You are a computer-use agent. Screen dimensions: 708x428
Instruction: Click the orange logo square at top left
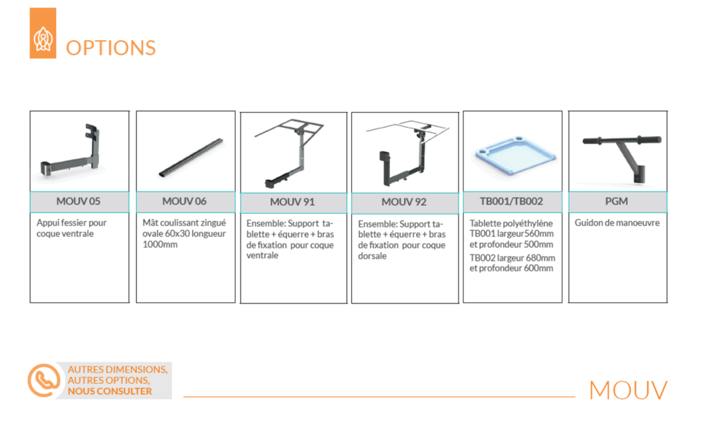pos(43,33)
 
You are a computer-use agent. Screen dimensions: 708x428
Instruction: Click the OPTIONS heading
pos(111,48)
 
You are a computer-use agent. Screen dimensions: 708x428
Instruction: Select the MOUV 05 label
pos(78,201)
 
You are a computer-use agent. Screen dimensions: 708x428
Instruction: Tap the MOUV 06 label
pos(184,201)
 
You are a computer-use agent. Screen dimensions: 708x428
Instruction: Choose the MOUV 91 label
pos(292,202)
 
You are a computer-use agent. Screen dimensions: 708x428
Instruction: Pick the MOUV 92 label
pos(404,202)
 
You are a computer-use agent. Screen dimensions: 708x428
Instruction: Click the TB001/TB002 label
pos(511,201)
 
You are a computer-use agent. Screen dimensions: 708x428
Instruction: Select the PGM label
pos(616,201)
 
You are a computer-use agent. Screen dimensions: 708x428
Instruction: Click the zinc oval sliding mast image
pos(191,158)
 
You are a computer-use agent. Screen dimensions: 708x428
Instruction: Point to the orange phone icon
pos(44,380)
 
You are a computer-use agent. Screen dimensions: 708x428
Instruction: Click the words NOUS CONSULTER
pos(110,391)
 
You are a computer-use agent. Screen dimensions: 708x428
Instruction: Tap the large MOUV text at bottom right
pos(628,390)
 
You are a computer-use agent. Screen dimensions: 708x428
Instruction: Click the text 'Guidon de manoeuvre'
pos(617,223)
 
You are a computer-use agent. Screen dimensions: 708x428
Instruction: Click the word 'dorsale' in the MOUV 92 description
pos(372,256)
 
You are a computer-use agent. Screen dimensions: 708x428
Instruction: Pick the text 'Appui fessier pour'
pos(71,223)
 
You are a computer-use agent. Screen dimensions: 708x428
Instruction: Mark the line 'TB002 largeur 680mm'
pos(512,258)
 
